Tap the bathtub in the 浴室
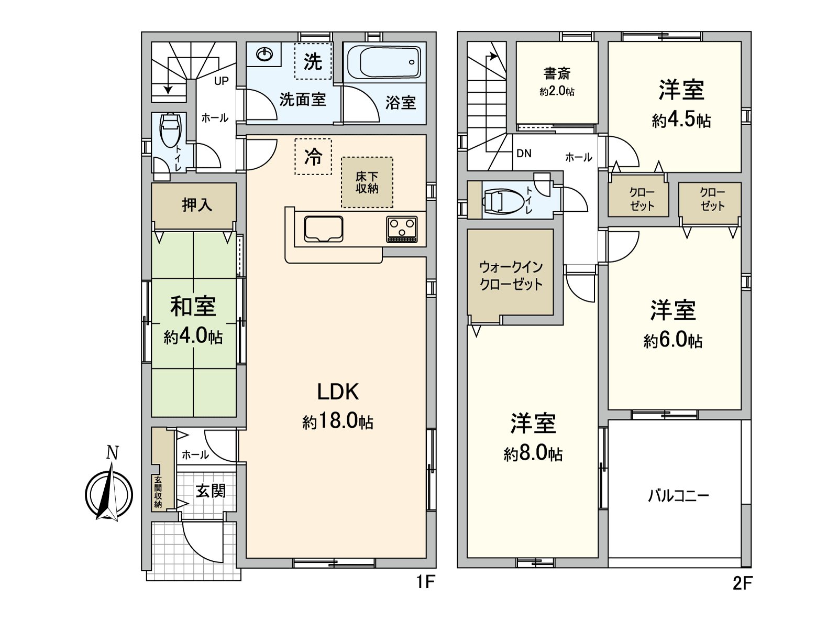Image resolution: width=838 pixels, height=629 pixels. click(x=383, y=62)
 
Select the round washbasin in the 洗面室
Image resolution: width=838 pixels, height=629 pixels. click(x=265, y=55)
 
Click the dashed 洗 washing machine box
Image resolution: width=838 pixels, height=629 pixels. click(x=313, y=61)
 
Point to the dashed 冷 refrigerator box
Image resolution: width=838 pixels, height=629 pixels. click(x=313, y=156)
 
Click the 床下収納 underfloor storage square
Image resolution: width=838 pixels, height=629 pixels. click(x=367, y=182)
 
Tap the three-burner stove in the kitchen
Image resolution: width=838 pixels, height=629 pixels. click(x=402, y=229)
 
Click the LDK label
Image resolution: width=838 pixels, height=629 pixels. click(x=337, y=392)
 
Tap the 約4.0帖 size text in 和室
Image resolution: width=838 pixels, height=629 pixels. click(x=193, y=337)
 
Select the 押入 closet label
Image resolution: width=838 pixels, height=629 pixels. click(x=197, y=205)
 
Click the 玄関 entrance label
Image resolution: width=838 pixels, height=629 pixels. click(x=211, y=491)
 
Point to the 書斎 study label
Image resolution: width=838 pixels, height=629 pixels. click(x=557, y=73)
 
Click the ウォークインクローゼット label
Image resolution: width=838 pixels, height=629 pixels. click(x=511, y=276)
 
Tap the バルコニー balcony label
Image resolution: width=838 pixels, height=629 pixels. click(x=678, y=495)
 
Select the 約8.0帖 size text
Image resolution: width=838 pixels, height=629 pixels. click(x=533, y=453)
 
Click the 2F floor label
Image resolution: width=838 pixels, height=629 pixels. click(x=742, y=583)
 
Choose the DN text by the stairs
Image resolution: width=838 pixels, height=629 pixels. click(x=524, y=154)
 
